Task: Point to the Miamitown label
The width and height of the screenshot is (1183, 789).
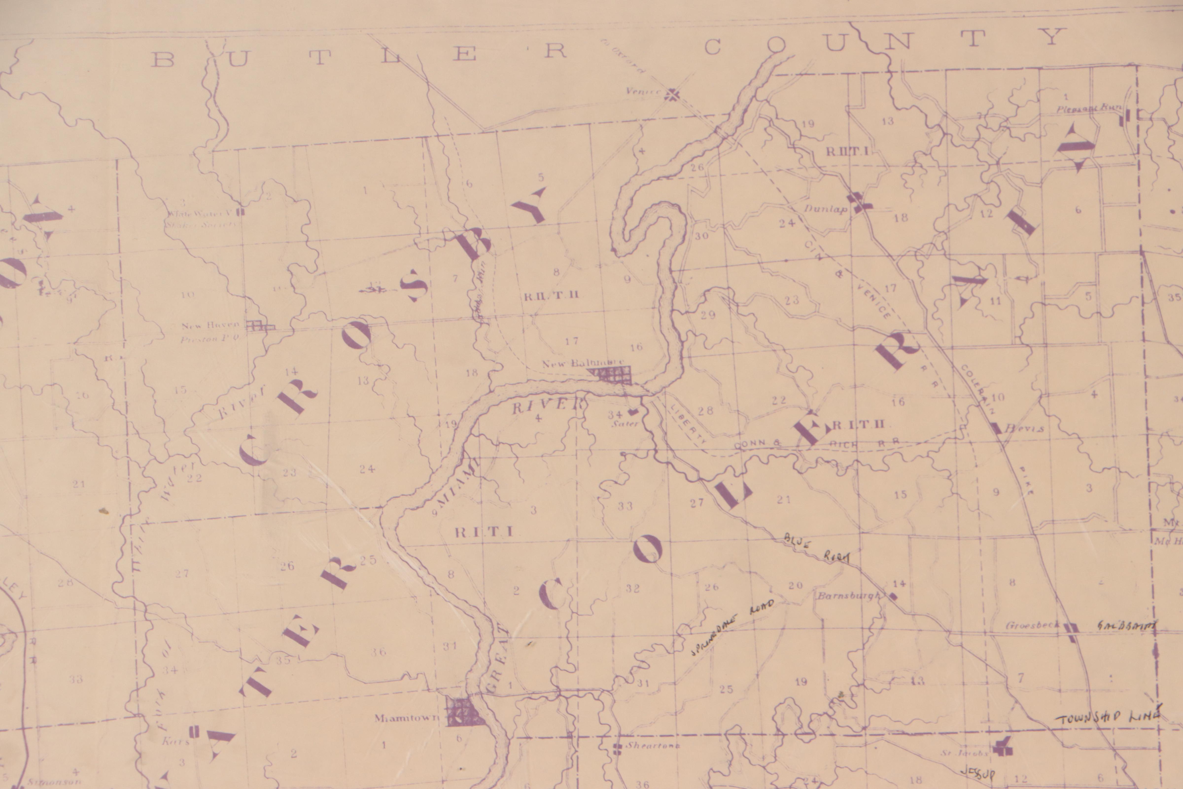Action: (406, 718)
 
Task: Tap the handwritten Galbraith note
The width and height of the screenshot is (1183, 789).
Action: (1127, 627)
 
